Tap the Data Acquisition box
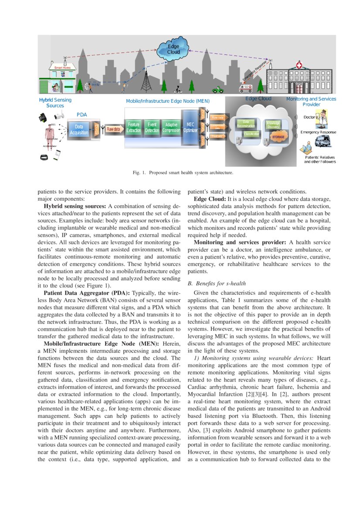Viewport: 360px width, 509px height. (x=79, y=129)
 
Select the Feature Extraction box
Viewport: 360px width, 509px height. (x=133, y=128)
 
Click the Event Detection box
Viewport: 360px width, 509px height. (x=152, y=128)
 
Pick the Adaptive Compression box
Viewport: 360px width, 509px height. (x=171, y=128)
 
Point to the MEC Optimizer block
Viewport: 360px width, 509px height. (x=190, y=127)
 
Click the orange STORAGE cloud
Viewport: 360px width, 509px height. (x=278, y=137)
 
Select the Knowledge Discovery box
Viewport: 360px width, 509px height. (x=273, y=125)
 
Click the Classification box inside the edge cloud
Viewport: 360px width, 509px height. (x=251, y=134)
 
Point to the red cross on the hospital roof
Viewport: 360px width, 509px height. (x=299, y=65)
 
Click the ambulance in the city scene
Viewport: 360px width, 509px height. (x=246, y=88)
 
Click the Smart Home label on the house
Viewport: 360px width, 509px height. (x=62, y=68)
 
